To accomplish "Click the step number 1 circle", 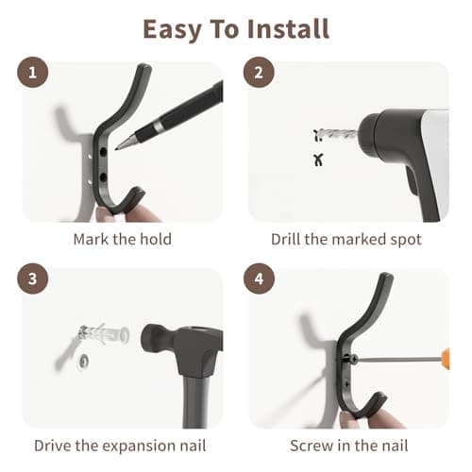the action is pos(32,72).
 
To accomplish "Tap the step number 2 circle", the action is pos(259,72).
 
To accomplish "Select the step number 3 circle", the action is pos(32,278).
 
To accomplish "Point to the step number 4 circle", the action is pos(259,278).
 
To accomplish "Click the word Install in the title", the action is pos(288,29).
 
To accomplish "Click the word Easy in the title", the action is pos(172,30).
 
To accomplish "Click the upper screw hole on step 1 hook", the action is pos(103,152).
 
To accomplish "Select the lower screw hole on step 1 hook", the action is pos(103,177).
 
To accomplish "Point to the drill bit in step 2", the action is pos(337,134).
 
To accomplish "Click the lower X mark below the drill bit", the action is pos(318,160).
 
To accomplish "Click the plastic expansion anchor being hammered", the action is pos(104,333).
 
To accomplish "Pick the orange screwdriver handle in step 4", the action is pos(446,359).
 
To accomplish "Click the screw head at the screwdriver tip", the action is pos(353,359).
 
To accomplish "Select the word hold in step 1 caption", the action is pos(156,239).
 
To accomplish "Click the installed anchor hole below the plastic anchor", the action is pos(83,362).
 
